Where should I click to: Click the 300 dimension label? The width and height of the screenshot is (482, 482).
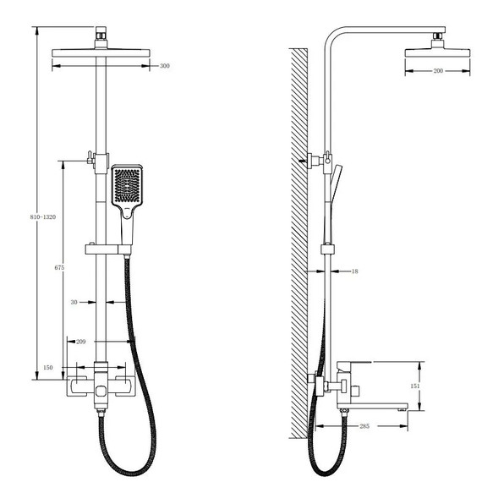point(164,66)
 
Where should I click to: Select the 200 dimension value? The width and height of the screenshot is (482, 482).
point(438,71)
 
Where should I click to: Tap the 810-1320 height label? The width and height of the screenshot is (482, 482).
point(43,217)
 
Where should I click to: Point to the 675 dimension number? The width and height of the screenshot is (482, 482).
point(59,268)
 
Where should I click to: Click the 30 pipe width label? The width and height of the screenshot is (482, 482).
point(74,303)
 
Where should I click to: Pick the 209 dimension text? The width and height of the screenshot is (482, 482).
point(81,342)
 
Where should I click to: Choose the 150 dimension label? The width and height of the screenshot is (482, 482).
point(48,368)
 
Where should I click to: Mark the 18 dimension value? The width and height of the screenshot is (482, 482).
point(355,271)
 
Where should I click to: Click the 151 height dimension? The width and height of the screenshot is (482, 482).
point(415,386)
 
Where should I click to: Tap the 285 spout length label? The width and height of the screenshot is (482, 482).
point(364,426)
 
